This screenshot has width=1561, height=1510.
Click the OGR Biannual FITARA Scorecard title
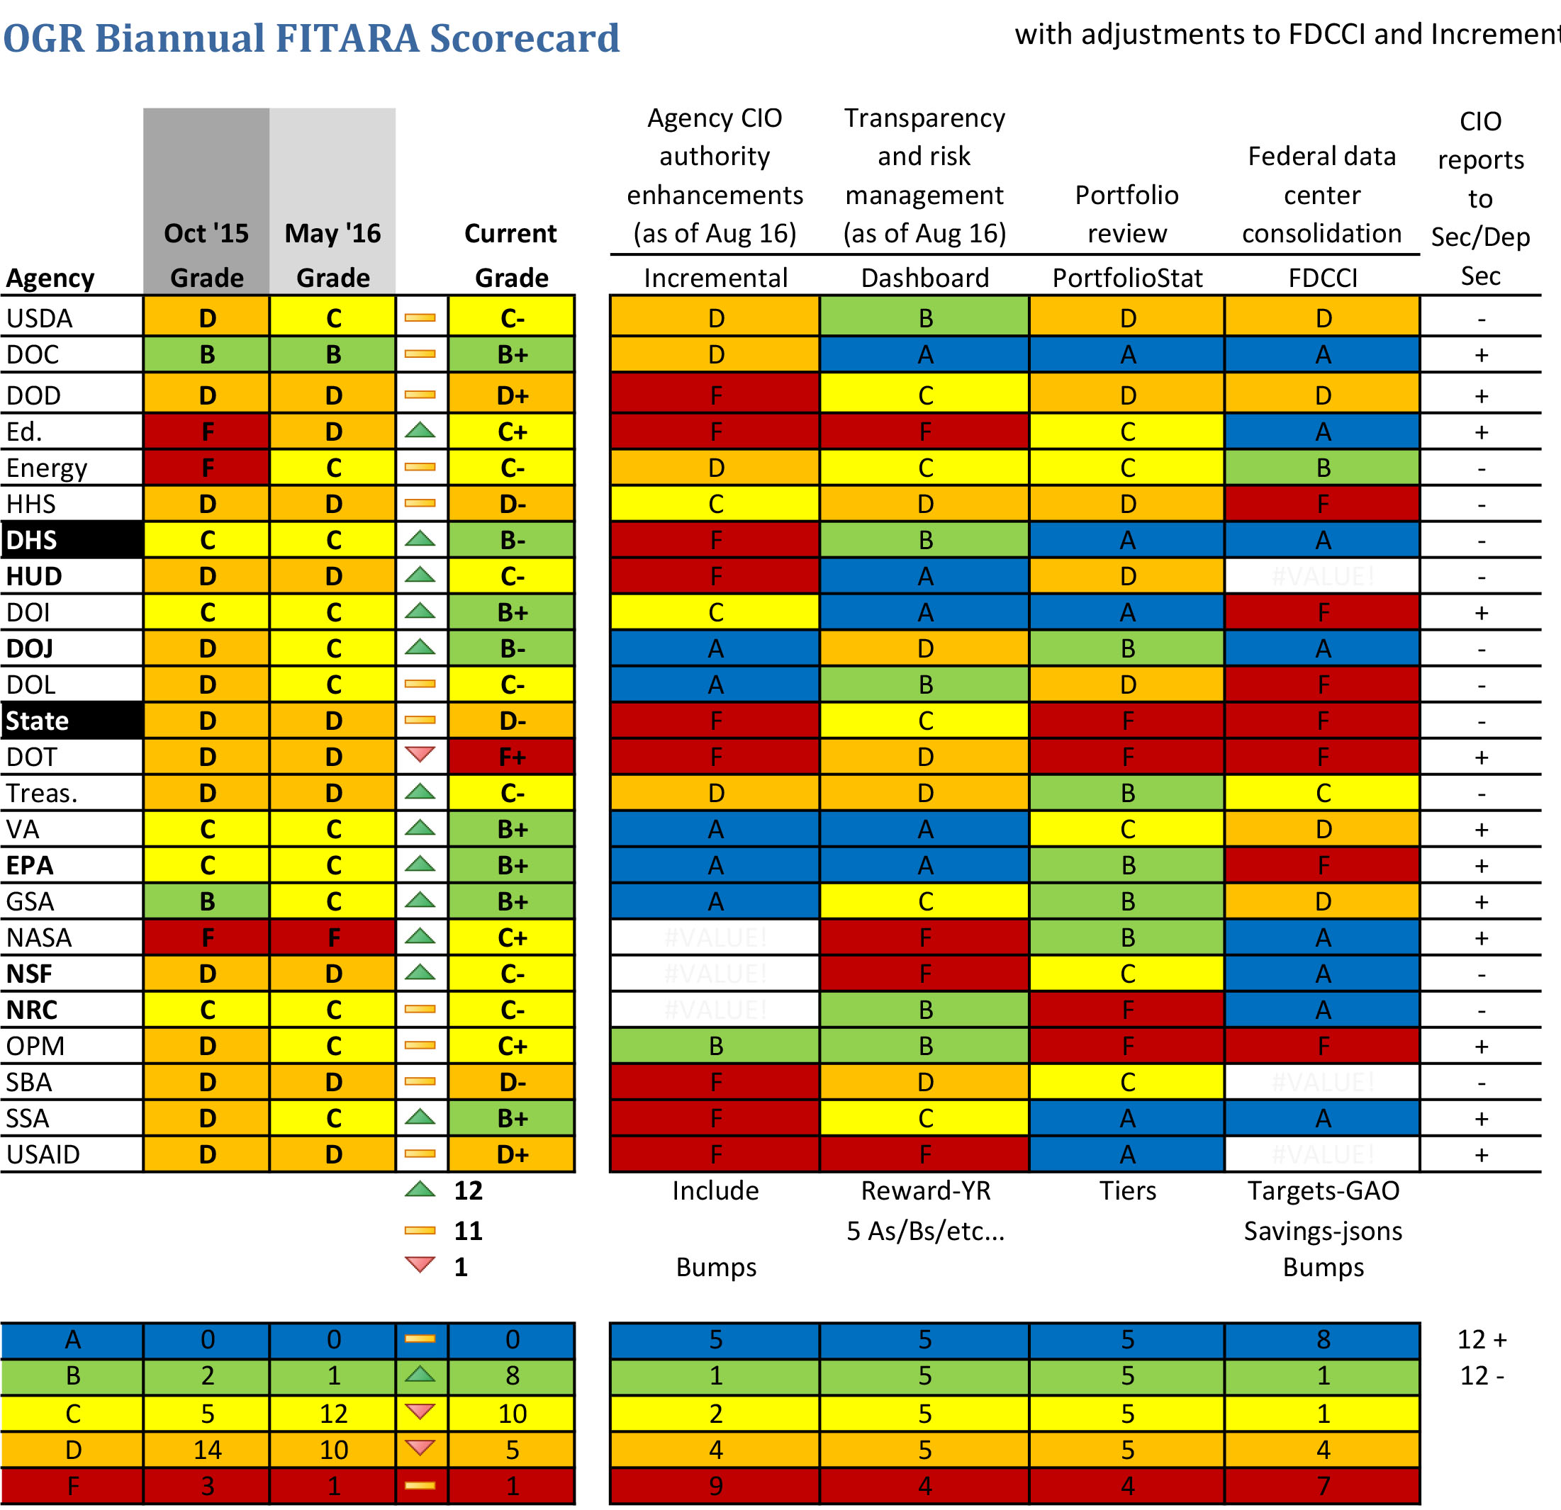pyautogui.click(x=310, y=38)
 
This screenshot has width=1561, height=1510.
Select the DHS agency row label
pyautogui.click(x=32, y=540)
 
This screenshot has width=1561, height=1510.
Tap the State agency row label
pyautogui.click(x=38, y=721)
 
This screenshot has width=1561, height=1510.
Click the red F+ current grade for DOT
pyautogui.click(x=511, y=757)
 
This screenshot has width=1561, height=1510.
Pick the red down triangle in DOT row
pyautogui.click(x=420, y=754)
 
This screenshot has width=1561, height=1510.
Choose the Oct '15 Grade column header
pyautogui.click(x=206, y=254)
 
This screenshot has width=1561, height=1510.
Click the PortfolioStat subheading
pyautogui.click(x=1127, y=278)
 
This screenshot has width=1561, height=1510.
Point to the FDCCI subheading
pyautogui.click(x=1323, y=278)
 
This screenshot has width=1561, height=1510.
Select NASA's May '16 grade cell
pyautogui.click(x=333, y=937)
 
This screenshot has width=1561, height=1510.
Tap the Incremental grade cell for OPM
pyautogui.click(x=715, y=1046)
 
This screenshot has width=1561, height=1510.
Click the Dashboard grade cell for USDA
pyautogui.click(x=924, y=318)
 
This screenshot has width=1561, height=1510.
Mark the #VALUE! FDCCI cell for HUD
pyautogui.click(x=1323, y=576)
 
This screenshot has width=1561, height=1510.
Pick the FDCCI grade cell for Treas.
pyautogui.click(x=1323, y=793)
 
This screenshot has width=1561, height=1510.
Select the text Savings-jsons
pyautogui.click(x=1323, y=1231)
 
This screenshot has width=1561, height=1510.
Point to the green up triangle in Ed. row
pyautogui.click(x=420, y=431)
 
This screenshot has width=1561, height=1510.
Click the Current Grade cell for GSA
pyautogui.click(x=511, y=902)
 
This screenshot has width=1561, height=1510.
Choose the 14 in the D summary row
pyautogui.click(x=207, y=1450)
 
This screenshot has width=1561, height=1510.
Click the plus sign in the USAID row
pyautogui.click(x=1481, y=1154)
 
